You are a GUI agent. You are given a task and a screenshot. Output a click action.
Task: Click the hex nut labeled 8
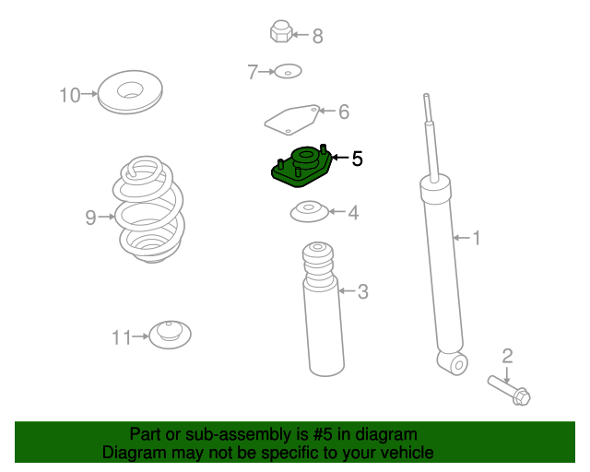(281, 31)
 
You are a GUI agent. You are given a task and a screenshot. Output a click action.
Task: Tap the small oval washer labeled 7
(288, 71)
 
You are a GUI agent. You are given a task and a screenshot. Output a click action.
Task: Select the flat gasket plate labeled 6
(292, 119)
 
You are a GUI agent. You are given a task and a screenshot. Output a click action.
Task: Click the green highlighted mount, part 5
(301, 166)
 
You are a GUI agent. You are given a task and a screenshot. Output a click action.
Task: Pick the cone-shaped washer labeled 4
(310, 211)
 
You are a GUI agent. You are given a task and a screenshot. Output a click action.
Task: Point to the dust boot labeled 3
(324, 310)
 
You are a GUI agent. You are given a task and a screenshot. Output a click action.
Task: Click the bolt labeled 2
(509, 390)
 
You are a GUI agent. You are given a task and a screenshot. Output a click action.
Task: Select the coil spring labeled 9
(149, 209)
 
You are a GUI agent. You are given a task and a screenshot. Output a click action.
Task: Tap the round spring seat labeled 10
(130, 91)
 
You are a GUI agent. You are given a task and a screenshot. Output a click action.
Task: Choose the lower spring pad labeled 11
(170, 335)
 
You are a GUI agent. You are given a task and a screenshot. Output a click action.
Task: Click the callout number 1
(477, 238)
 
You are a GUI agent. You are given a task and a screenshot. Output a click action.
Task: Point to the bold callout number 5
(357, 159)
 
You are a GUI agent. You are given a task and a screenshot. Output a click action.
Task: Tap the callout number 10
(70, 95)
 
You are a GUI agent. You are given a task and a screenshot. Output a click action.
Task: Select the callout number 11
(122, 337)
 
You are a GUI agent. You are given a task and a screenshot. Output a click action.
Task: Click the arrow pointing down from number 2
(507, 375)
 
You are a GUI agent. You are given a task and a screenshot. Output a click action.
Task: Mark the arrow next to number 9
(106, 217)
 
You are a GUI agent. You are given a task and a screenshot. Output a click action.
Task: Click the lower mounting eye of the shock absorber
(453, 363)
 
